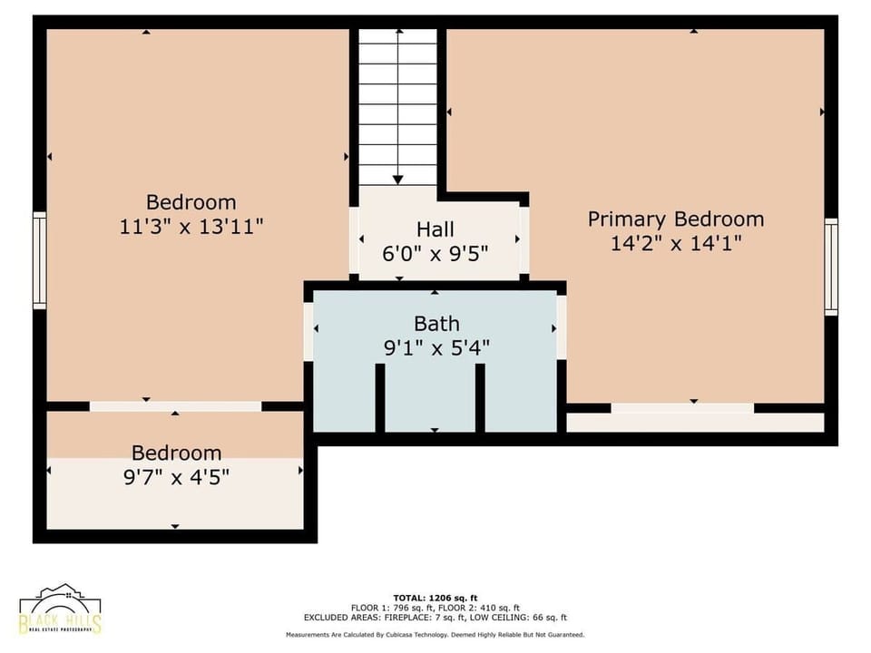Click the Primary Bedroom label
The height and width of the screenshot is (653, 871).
click(x=675, y=219)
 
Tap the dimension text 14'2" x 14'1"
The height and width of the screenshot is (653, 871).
click(x=675, y=243)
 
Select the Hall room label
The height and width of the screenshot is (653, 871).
click(x=435, y=229)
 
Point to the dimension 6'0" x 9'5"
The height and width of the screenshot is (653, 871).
click(x=435, y=253)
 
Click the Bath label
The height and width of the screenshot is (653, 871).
click(x=436, y=323)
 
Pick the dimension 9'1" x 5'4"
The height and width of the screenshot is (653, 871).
click(x=436, y=346)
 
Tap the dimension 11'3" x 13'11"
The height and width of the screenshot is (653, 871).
click(x=191, y=227)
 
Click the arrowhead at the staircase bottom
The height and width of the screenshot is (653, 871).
click(x=397, y=180)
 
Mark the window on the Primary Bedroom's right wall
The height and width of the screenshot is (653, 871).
click(x=830, y=267)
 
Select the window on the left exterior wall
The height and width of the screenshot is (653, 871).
click(x=39, y=260)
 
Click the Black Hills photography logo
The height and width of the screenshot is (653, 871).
click(x=60, y=609)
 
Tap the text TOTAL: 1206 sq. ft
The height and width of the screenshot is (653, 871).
click(x=435, y=598)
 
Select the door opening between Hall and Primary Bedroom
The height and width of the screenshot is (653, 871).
click(x=524, y=239)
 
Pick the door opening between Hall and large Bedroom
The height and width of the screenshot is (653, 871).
click(x=354, y=239)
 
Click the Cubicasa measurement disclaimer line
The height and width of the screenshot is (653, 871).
click(x=435, y=635)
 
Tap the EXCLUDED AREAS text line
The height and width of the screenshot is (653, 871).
click(x=435, y=617)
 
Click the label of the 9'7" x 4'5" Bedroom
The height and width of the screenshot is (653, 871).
click(x=176, y=453)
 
